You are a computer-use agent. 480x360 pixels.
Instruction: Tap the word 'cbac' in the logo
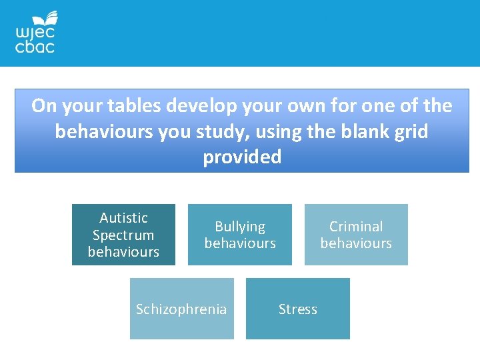pos(35,47)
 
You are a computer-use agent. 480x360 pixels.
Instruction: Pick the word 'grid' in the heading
pos(412,132)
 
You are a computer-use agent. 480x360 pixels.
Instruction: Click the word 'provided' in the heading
pos(242,157)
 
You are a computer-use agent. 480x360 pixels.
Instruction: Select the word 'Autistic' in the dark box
pos(123,218)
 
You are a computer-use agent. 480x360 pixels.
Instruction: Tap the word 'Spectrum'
pos(123,235)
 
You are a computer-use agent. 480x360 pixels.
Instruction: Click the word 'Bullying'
pos(240,227)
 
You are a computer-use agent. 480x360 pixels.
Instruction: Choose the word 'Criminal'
pos(356,227)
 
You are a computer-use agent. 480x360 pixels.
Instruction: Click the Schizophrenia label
pos(181,309)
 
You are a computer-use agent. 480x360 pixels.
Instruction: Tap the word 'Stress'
pos(297,309)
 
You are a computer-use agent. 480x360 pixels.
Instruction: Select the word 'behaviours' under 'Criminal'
pos(356,243)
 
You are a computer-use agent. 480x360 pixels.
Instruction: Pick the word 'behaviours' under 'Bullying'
pos(240,243)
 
